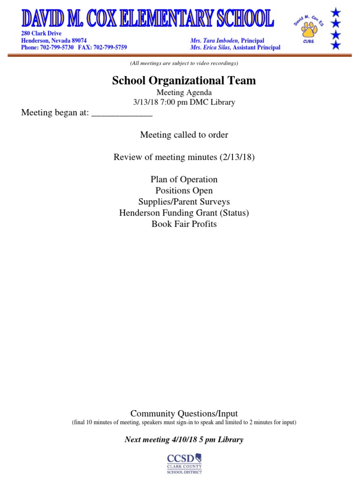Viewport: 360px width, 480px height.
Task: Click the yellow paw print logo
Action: pyautogui.click(x=309, y=30)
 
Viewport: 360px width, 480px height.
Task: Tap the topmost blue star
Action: pyautogui.click(x=336, y=12)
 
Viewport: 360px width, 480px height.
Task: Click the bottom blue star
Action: pyautogui.click(x=336, y=45)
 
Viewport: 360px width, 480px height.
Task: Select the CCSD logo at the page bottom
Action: pyautogui.click(x=184, y=463)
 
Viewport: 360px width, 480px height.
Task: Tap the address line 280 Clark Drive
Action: pyautogui.click(x=41, y=34)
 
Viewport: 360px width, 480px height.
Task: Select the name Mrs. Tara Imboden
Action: pyautogui.click(x=214, y=41)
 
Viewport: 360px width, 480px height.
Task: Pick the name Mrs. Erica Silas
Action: pyautogui.click(x=210, y=47)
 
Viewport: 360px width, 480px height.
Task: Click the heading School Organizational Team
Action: pyautogui.click(x=184, y=81)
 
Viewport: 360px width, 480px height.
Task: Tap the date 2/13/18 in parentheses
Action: pyautogui.click(x=237, y=157)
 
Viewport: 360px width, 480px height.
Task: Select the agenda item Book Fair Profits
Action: pyautogui.click(x=184, y=224)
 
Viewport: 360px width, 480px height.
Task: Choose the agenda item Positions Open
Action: pyautogui.click(x=184, y=191)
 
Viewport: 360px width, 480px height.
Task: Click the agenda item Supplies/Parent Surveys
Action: pyautogui.click(x=184, y=202)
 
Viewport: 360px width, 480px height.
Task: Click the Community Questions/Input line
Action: pyautogui.click(x=184, y=413)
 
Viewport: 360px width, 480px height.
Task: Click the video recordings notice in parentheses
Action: pyautogui.click(x=184, y=63)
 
